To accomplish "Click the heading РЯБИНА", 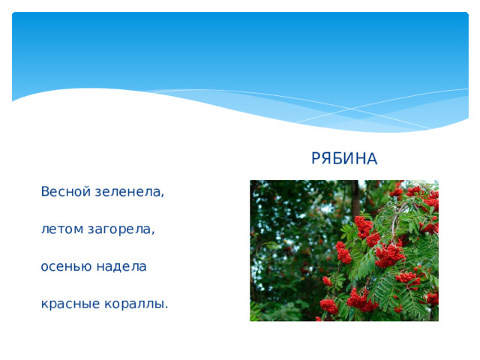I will coord(344,159).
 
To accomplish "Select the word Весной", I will coord(67,192).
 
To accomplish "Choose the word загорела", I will coord(121,229).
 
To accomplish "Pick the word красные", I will coord(68,304).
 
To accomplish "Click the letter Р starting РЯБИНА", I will coord(316,159).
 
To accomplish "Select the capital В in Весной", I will coord(46,192).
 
